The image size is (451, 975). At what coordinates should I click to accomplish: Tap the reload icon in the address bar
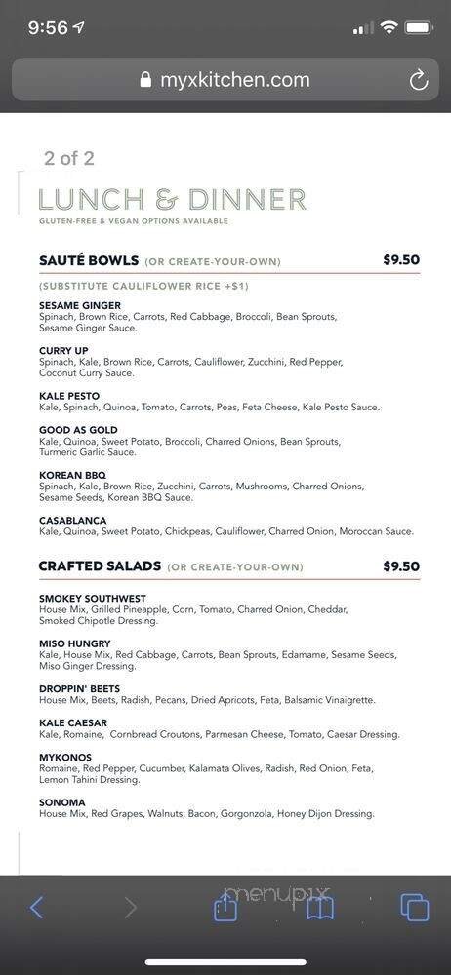[x=419, y=80]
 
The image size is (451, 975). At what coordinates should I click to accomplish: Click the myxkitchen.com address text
[x=234, y=80]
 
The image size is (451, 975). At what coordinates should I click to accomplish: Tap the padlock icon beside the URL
[x=146, y=80]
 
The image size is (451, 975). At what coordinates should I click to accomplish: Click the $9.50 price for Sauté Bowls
[x=401, y=260]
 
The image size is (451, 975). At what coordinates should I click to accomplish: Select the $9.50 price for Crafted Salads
[x=401, y=566]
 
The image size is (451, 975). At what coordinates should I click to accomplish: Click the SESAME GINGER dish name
[x=80, y=305]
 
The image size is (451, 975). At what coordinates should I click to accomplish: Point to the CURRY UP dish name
[x=63, y=351]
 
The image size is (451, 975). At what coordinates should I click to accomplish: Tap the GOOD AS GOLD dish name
[x=78, y=430]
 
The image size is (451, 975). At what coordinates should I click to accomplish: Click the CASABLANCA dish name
[x=72, y=521]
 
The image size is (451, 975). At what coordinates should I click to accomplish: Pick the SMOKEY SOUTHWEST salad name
[x=93, y=598]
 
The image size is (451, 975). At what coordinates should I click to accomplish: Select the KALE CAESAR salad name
[x=73, y=723]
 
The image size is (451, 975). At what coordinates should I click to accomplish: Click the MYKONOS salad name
[x=65, y=757]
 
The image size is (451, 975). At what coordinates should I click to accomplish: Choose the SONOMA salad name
[x=62, y=802]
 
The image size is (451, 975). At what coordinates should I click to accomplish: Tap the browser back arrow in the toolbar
[x=36, y=908]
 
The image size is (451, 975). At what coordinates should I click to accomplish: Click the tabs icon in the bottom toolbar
[x=415, y=908]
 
